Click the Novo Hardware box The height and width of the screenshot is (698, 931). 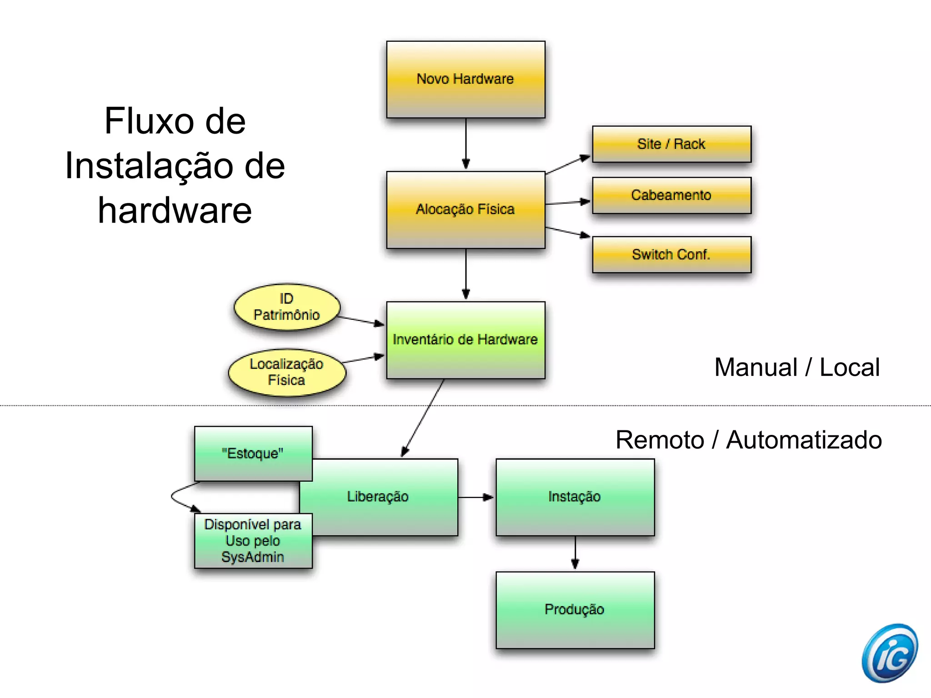[465, 80]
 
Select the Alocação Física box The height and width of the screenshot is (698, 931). [465, 209]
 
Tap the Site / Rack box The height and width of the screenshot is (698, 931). [671, 144]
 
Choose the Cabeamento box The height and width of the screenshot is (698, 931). [671, 195]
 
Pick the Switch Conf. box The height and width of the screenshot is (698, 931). [671, 254]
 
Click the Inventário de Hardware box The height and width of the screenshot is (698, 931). [465, 339]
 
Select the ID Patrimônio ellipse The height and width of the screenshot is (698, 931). [287, 307]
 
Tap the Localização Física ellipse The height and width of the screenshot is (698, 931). [287, 372]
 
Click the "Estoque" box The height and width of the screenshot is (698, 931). [253, 454]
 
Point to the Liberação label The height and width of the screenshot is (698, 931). [378, 496]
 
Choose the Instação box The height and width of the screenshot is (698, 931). [575, 497]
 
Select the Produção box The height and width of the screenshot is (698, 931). [575, 609]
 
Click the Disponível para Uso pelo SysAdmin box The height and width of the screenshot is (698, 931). [253, 541]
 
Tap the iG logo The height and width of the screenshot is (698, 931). [890, 653]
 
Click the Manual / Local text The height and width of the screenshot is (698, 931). [797, 367]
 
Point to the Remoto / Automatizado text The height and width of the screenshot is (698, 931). [749, 440]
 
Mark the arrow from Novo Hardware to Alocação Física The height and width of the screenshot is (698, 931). [466, 144]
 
